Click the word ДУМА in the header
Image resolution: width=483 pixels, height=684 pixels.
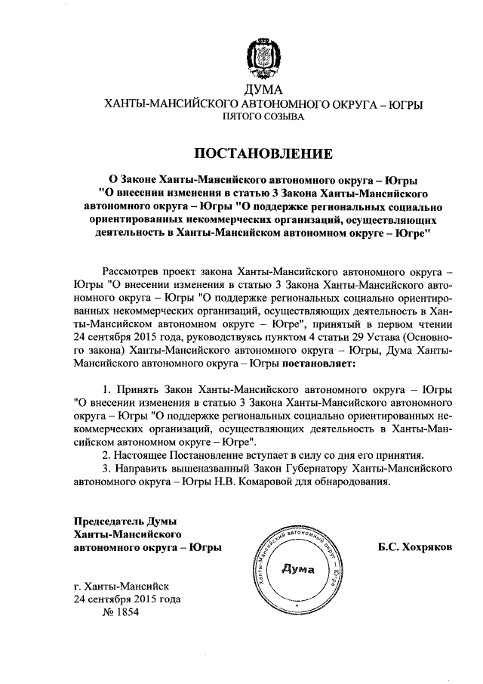264,91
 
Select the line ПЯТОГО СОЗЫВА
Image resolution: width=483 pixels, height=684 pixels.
263,118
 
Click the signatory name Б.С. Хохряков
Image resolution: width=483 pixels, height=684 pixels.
416,546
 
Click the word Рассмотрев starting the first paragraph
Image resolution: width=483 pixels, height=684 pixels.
130,270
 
